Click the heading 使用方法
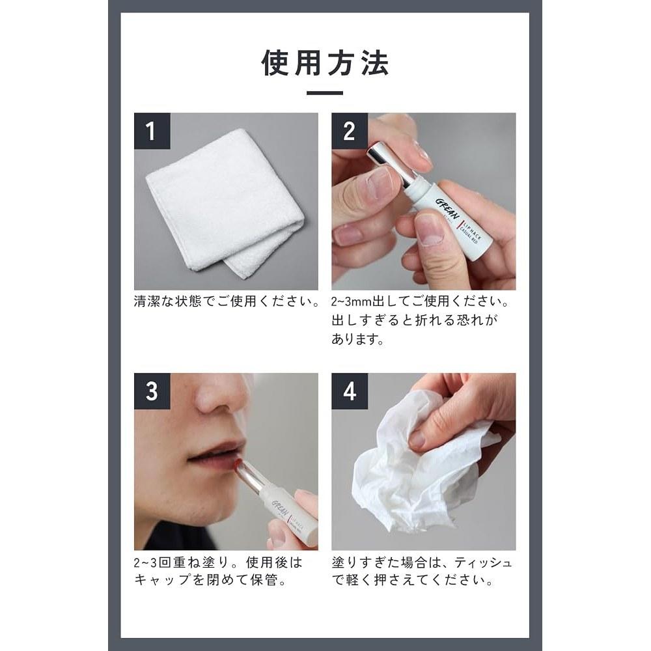point(325,63)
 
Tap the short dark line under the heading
point(325,93)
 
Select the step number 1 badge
point(152,131)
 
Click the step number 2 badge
point(350,131)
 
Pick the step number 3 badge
point(152,391)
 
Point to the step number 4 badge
point(350,391)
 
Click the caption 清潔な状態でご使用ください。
point(227,301)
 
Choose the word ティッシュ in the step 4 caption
point(483,562)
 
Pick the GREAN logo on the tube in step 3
point(280,508)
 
